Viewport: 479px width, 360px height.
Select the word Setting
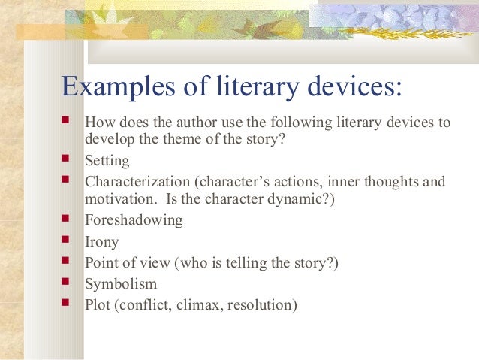tap(107, 161)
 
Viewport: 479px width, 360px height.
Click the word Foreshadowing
tap(134, 220)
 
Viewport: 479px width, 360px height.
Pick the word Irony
tap(102, 243)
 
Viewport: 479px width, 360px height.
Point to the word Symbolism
tap(121, 284)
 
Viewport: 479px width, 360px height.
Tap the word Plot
tap(98, 305)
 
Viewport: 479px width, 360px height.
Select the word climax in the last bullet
tap(190, 305)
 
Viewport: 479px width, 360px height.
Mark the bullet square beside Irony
tap(68, 242)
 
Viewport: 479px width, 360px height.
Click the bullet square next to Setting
tap(68, 160)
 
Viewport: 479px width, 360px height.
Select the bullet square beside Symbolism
tap(68, 283)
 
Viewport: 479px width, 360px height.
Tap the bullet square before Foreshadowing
tap(68, 219)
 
